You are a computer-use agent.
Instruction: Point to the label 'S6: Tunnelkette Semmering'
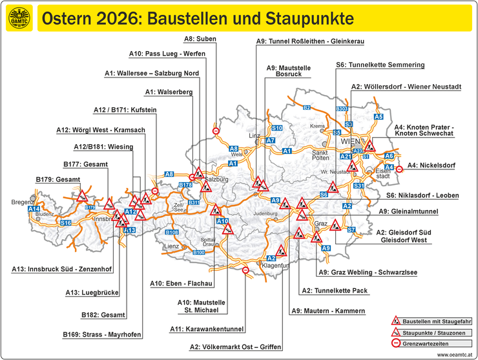click(380, 65)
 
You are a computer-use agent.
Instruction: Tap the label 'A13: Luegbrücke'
click(92, 293)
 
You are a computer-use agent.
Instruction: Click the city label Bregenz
click(23, 202)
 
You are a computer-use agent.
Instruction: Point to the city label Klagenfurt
click(274, 266)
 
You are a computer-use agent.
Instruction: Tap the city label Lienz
click(171, 246)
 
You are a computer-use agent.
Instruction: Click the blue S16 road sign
click(66, 223)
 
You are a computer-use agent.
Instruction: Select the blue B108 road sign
click(172, 232)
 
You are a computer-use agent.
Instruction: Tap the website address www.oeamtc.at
click(454, 355)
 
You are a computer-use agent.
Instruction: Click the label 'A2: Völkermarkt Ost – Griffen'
click(236, 347)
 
